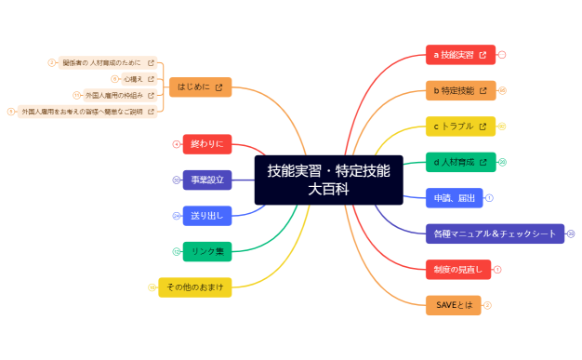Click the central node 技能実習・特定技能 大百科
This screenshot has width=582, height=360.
point(328,180)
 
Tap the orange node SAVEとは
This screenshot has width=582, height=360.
point(454,304)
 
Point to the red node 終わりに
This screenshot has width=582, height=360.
point(206,144)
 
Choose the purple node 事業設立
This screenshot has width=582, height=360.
point(206,180)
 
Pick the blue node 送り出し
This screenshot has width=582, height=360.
point(206,216)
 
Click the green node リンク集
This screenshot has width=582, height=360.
point(206,251)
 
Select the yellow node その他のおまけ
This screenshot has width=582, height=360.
point(194,287)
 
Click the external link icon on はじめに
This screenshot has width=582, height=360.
point(218,87)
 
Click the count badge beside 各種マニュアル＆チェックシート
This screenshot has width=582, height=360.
point(571,233)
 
